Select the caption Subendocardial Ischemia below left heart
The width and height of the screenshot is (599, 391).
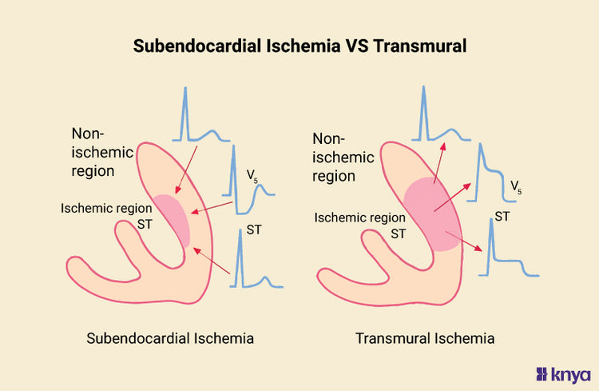170,338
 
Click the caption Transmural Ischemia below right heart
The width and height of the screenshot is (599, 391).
425,338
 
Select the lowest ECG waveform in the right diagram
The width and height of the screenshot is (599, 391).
507,252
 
